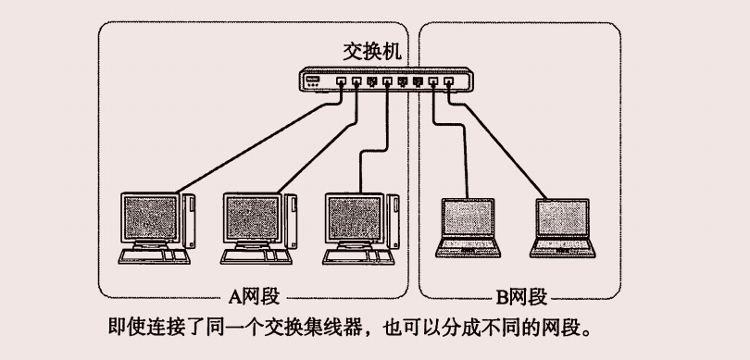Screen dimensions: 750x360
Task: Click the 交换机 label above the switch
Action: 372,52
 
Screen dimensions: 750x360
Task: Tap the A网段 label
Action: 254,297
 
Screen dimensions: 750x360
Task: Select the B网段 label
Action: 521,297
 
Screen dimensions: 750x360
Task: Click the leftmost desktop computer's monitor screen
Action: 150,218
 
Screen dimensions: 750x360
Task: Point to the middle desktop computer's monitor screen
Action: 253,218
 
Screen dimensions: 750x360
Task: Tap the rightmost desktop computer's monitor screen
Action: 355,218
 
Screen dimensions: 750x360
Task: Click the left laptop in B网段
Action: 468,228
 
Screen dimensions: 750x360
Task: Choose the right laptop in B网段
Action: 563,228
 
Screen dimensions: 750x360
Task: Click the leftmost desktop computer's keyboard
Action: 154,256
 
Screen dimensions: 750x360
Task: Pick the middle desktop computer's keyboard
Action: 256,256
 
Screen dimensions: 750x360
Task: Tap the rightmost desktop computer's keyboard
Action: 358,256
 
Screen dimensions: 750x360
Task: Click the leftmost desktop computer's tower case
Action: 189,221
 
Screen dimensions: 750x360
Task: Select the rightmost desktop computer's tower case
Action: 394,221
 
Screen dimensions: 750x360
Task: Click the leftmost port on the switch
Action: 341,81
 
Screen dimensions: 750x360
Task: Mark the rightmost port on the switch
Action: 448,81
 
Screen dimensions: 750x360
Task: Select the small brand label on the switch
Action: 312,79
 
